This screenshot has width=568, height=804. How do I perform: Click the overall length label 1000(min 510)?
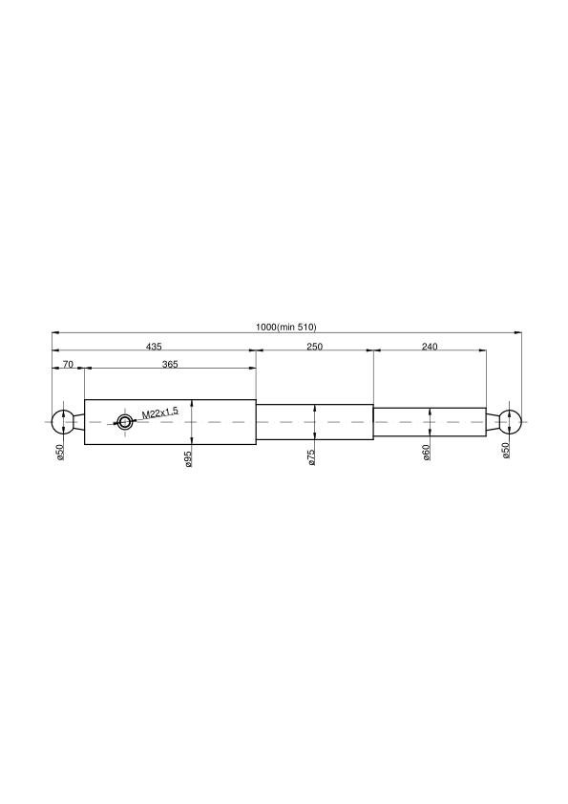tap(286, 327)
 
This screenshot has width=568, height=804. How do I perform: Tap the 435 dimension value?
tap(154, 347)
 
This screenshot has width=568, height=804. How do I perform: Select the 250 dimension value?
tap(314, 347)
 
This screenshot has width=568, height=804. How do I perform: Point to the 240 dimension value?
tap(430, 347)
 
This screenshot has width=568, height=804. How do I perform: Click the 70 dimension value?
tap(68, 364)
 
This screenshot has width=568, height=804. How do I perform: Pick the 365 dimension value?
tap(170, 364)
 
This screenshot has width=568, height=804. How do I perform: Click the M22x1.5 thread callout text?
tap(160, 413)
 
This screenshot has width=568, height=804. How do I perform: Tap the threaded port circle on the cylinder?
tap(124, 422)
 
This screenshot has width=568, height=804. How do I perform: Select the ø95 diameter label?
tap(188, 458)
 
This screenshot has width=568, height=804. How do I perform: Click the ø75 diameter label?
tap(311, 456)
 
